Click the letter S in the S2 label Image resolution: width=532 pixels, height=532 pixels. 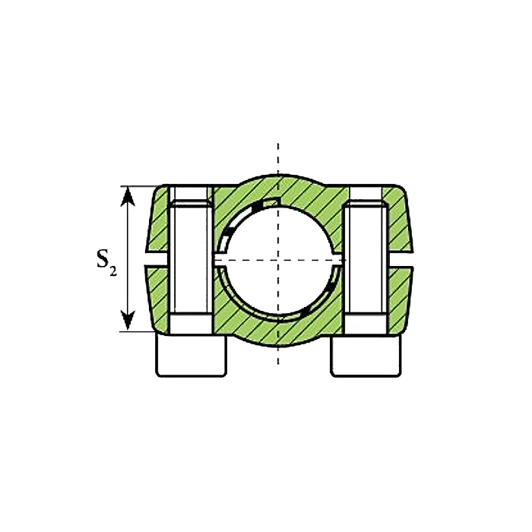click(x=103, y=258)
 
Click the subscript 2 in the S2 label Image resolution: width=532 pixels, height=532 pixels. click(x=113, y=271)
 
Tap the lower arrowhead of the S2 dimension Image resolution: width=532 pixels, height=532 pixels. click(x=128, y=320)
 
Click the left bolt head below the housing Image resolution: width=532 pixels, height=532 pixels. click(x=191, y=356)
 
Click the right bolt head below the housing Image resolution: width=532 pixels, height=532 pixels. click(x=366, y=356)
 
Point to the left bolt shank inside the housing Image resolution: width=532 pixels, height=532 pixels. click(x=190, y=257)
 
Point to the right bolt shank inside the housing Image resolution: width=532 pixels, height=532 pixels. click(x=366, y=257)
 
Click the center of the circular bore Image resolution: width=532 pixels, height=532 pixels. click(x=278, y=260)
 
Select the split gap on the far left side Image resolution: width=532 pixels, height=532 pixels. click(x=157, y=260)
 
